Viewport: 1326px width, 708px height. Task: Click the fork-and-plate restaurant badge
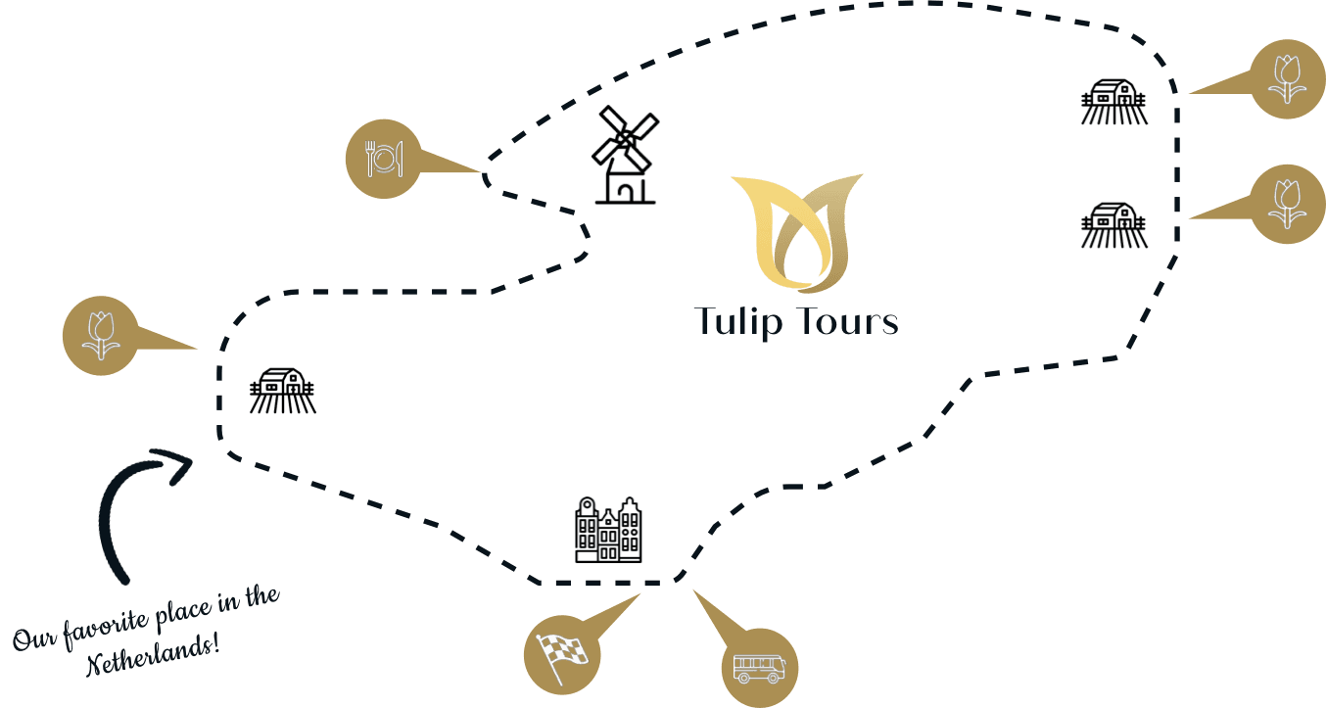point(384,159)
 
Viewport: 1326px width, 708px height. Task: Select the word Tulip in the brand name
point(741,322)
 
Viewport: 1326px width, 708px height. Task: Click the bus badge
point(759,668)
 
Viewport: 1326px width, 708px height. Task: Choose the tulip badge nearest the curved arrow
point(101,336)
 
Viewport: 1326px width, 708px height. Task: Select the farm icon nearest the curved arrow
point(283,391)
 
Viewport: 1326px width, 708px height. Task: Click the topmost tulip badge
point(1286,79)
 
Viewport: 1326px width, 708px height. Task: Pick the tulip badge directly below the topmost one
point(1286,204)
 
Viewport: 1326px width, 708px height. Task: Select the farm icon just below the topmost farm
point(1114,225)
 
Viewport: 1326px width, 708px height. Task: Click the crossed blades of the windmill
point(626,137)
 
